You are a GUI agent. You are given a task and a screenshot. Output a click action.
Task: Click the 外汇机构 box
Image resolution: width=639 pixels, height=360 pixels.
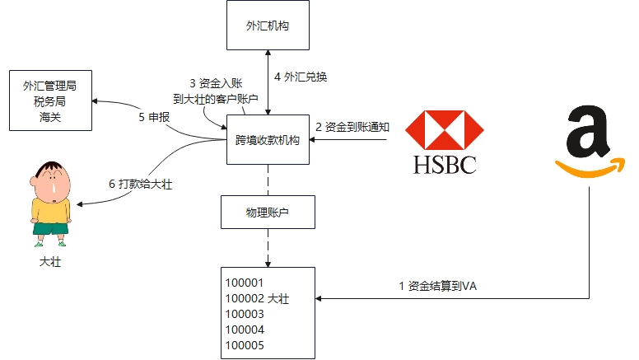tap(268, 26)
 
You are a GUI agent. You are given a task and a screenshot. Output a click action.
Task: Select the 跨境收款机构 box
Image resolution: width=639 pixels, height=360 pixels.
tap(268, 139)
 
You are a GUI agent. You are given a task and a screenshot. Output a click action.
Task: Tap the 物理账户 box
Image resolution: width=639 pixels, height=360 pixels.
tap(268, 212)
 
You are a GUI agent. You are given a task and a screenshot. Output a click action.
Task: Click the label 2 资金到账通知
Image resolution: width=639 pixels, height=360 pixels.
tap(352, 127)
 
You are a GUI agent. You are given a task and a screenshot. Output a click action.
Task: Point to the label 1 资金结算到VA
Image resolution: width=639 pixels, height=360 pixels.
tap(438, 286)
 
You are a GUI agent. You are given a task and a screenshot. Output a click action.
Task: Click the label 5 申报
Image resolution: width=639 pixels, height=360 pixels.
tap(154, 117)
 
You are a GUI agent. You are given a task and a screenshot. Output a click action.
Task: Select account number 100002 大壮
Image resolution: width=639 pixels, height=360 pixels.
tap(257, 298)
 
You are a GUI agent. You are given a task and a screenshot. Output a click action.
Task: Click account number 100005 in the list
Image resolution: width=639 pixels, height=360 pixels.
tap(245, 345)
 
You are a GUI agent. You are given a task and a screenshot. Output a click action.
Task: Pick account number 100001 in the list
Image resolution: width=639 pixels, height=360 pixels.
tap(245, 283)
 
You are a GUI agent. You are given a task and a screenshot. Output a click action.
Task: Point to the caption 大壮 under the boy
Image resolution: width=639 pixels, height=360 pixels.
tap(50, 262)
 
